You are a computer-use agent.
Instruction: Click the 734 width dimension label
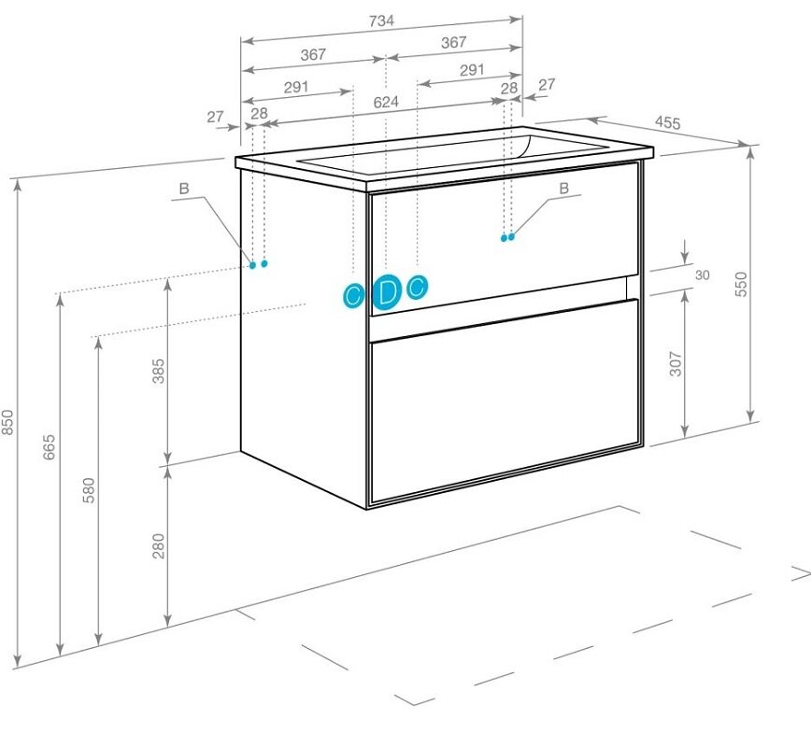point(382,21)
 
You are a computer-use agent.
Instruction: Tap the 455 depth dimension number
point(668,122)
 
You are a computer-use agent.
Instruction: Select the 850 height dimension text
point(7,422)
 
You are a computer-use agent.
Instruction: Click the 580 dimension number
point(89,490)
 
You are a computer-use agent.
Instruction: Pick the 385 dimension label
point(158,371)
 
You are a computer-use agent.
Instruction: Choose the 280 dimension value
point(158,546)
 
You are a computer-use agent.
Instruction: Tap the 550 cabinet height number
point(741,284)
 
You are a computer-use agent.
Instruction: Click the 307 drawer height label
point(676,363)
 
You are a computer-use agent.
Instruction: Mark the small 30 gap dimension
point(702,275)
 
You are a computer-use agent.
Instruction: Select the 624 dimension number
point(386,102)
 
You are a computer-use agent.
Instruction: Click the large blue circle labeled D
point(387,293)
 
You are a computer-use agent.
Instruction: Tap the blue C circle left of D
point(354,296)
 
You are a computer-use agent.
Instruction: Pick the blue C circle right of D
point(418,287)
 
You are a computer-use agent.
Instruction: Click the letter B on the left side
point(184,189)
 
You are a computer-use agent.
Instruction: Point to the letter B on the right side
point(564,189)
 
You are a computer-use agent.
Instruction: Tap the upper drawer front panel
point(505,238)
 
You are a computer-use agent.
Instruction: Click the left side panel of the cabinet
point(305,336)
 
